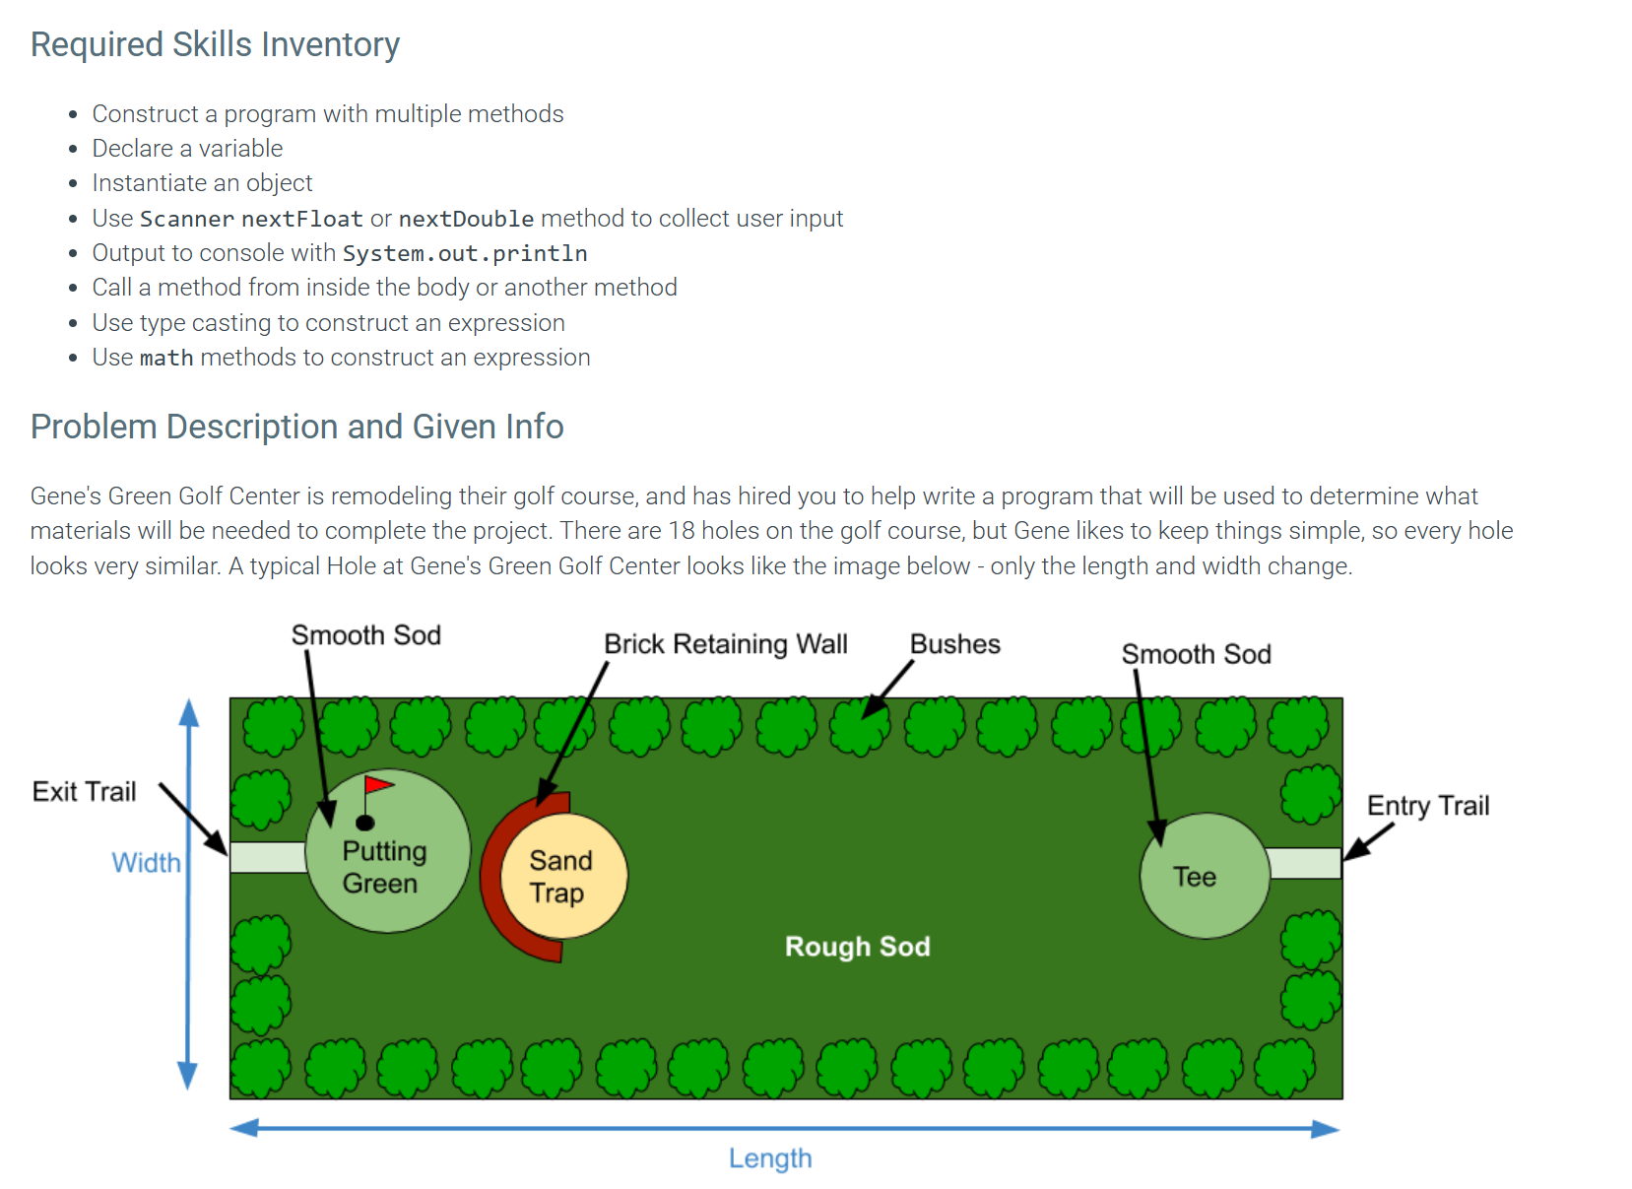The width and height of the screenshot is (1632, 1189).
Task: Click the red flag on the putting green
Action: tap(379, 785)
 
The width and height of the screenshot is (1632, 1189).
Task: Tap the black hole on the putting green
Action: tap(365, 824)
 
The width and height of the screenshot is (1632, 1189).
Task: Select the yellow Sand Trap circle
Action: tap(564, 877)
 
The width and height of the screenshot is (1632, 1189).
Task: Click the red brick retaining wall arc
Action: tap(496, 877)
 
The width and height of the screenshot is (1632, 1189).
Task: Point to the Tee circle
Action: tap(1206, 877)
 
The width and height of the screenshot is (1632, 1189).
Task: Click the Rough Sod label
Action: tap(858, 947)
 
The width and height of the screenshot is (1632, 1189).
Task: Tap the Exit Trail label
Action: tap(85, 792)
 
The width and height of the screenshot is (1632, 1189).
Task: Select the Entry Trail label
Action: tap(1429, 807)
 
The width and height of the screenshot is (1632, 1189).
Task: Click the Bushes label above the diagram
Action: tap(956, 645)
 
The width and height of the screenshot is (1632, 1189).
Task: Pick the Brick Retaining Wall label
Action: tap(727, 645)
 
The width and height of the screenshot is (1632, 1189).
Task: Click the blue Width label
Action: tap(147, 863)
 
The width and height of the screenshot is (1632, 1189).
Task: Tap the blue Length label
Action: tap(771, 1159)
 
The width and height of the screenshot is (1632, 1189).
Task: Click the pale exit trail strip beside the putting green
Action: tap(269, 858)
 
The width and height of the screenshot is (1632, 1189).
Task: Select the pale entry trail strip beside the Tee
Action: tap(1305, 864)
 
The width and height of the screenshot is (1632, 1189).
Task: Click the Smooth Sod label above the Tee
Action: tap(1197, 655)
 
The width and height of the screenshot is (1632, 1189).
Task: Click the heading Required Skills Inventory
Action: tap(215, 44)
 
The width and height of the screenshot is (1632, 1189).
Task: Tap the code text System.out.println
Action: tap(465, 253)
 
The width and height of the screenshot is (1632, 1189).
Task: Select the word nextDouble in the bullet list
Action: tap(466, 219)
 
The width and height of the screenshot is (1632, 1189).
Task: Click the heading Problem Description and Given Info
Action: tap(297, 427)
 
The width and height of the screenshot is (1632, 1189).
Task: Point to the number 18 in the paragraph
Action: tap(682, 531)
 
